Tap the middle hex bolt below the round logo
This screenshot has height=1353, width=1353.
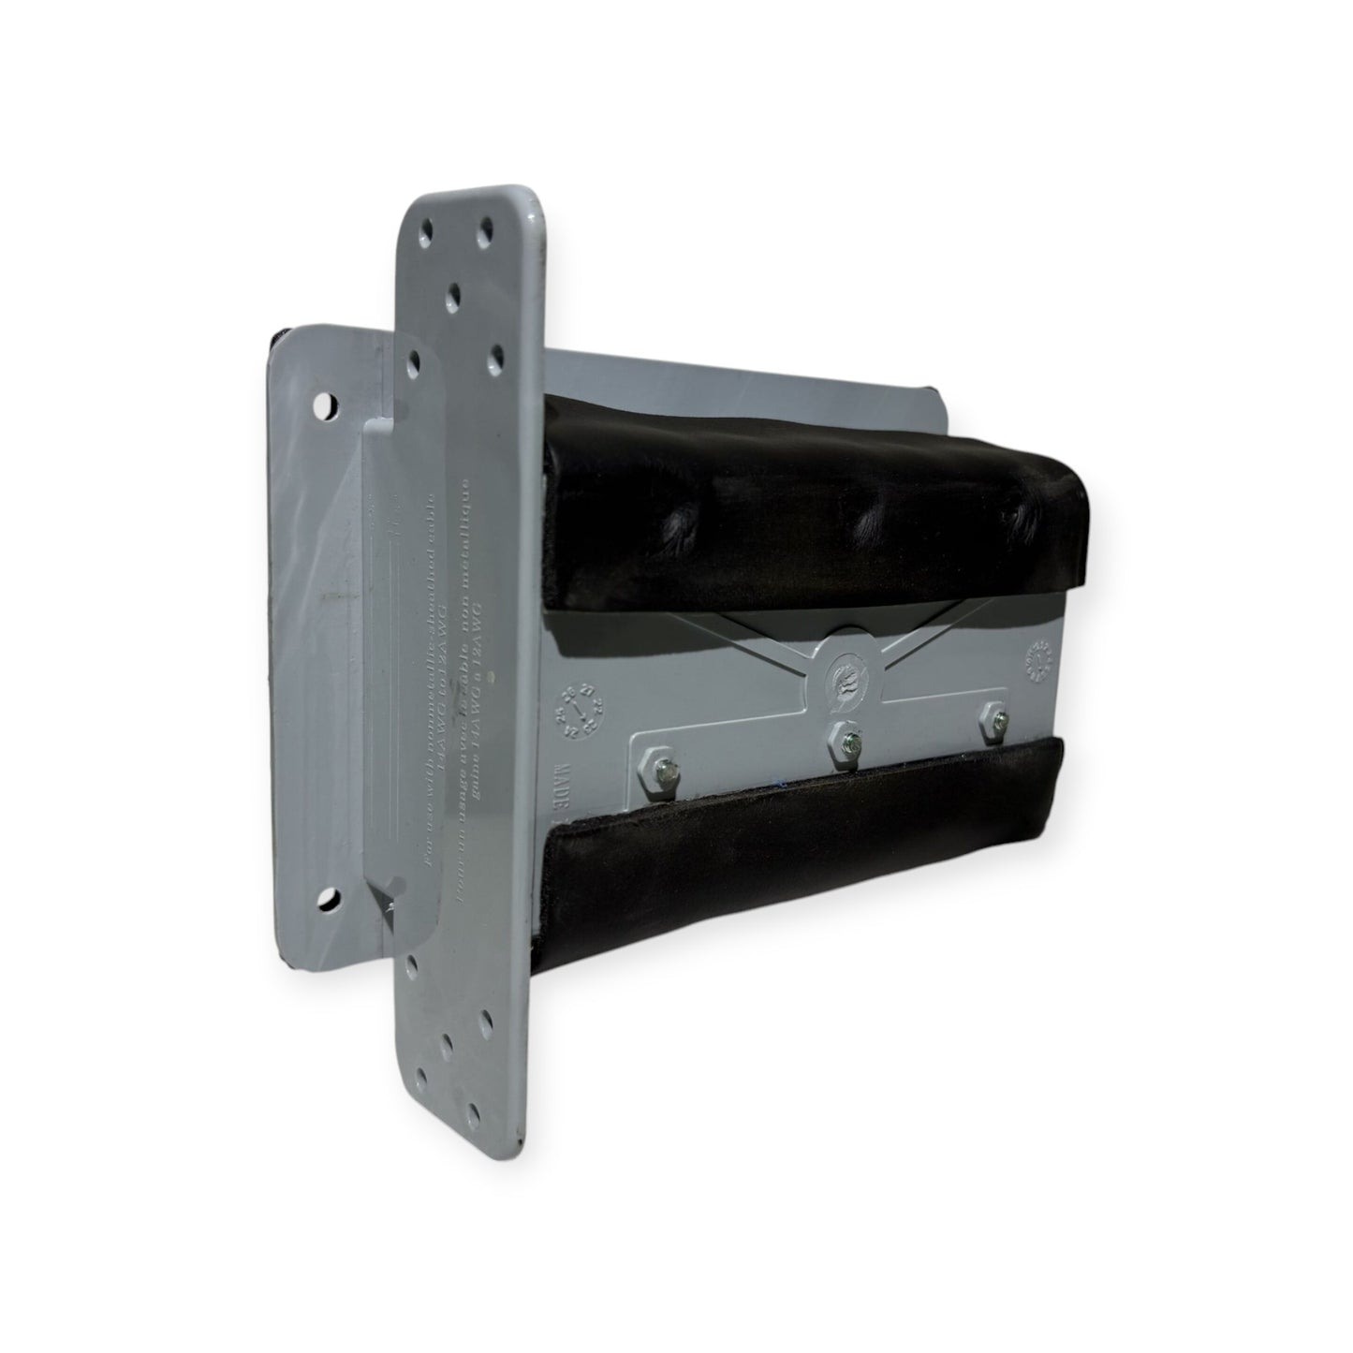tap(849, 743)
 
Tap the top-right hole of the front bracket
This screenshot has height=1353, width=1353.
tap(487, 228)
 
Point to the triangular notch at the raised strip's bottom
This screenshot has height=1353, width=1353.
tap(386, 900)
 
